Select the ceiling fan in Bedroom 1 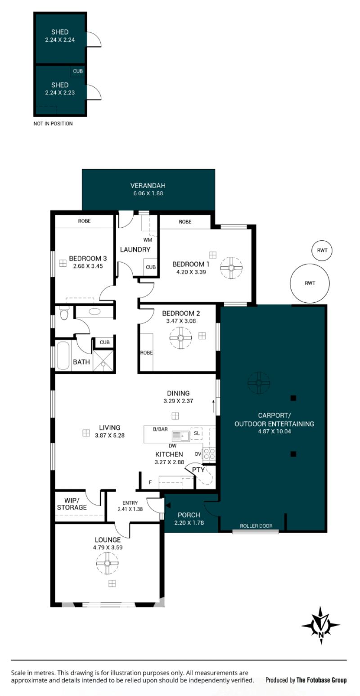pos(231,268)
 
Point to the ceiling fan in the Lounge pos(107,563)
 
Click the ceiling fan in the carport pos(259,383)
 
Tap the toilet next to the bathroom pos(64,314)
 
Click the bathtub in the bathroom pos(63,356)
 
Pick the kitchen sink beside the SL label pos(180,436)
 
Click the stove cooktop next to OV pos(209,454)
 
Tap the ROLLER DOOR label pos(256,526)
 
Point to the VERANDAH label pos(148,185)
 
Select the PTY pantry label pos(198,470)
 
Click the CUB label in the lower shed pos(78,71)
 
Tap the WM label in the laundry pos(148,240)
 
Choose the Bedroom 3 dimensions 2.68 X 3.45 pos(88,266)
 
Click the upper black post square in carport pos(293,398)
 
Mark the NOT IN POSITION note pos(53,123)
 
